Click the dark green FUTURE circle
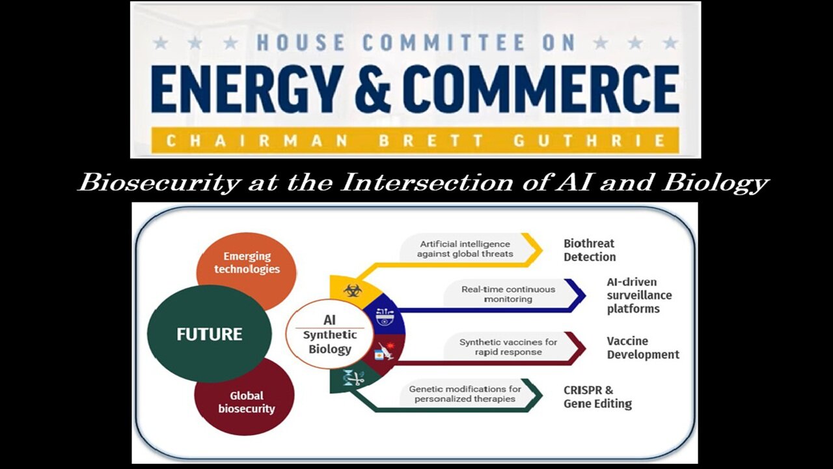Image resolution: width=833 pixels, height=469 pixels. (209, 334)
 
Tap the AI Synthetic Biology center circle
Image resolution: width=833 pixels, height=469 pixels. (329, 334)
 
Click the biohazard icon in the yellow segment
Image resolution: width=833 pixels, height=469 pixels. (352, 291)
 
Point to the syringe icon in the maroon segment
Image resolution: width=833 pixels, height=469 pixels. (385, 352)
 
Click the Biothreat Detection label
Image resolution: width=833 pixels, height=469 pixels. (589, 250)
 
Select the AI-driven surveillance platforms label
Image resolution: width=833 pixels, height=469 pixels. (639, 295)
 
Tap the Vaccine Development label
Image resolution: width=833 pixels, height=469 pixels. (642, 348)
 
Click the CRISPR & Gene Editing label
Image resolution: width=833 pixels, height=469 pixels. (597, 397)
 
